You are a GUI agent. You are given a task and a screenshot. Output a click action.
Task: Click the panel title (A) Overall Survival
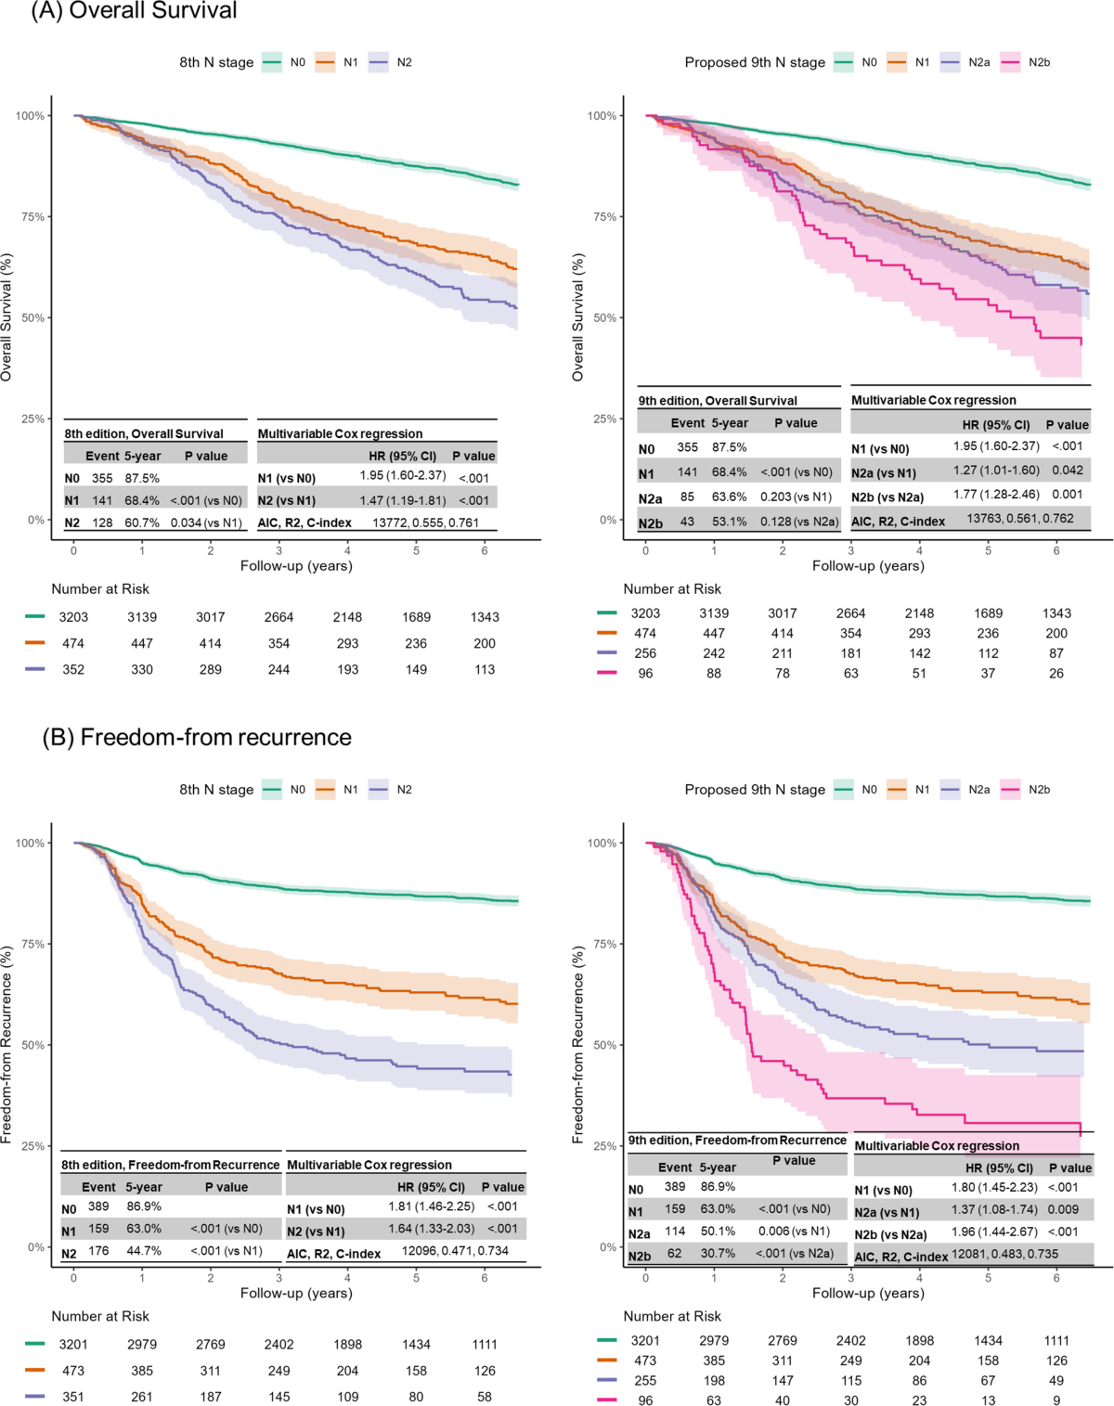135,11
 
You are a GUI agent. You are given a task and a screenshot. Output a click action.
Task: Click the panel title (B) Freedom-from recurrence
197,738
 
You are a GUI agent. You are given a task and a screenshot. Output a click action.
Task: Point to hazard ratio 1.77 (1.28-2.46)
996,495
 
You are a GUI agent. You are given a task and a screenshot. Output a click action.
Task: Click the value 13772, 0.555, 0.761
425,522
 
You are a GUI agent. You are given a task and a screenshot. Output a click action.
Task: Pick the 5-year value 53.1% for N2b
729,522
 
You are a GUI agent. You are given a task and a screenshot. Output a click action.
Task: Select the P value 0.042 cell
1068,471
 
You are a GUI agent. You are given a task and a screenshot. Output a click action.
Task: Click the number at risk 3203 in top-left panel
73,617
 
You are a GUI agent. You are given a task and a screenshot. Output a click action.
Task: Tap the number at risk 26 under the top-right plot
1056,674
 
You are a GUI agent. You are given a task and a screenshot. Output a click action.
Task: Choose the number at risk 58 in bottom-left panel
485,1397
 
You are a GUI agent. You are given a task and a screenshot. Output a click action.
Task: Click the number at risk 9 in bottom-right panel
1056,1400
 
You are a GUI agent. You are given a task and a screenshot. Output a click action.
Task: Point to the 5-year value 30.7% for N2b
718,1254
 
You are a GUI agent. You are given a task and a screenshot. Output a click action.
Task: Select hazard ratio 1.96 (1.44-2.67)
994,1232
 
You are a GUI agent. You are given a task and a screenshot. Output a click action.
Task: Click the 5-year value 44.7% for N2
144,1251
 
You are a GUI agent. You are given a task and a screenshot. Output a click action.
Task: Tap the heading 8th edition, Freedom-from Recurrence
170,1165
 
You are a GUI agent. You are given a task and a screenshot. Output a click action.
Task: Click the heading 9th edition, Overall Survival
718,401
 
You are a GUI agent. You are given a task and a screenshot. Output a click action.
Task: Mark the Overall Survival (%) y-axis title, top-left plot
7,317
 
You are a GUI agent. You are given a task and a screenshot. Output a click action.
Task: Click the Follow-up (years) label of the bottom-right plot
868,1293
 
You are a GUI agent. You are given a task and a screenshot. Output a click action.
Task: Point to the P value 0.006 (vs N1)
794,1232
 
